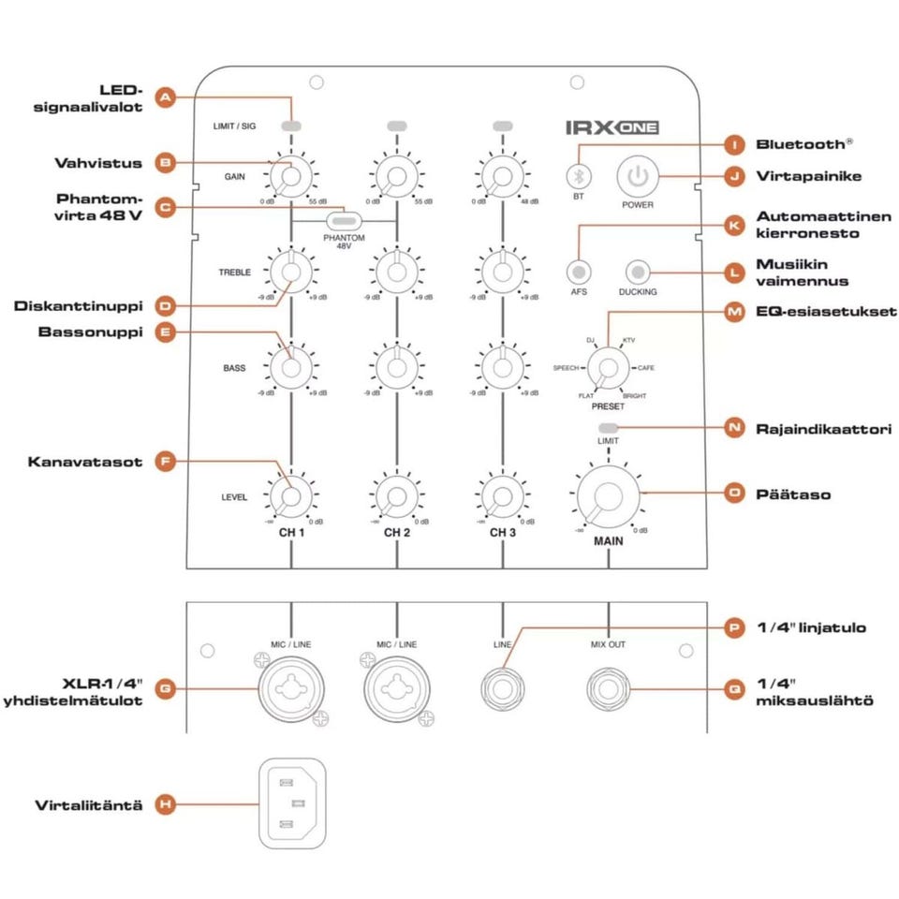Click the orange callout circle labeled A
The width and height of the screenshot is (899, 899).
[165, 97]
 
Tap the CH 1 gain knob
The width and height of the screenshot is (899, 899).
[291, 176]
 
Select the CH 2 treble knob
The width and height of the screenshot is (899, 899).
[397, 272]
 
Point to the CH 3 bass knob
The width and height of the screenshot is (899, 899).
[503, 367]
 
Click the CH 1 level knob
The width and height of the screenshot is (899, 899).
[291, 495]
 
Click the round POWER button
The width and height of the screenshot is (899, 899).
[638, 175]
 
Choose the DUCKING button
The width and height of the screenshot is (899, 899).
[638, 272]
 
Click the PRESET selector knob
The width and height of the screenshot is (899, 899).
[607, 367]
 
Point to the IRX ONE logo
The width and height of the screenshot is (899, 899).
[613, 126]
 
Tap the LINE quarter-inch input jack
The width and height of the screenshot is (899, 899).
[503, 691]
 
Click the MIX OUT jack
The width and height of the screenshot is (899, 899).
[609, 691]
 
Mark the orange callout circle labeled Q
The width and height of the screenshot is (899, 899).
[735, 689]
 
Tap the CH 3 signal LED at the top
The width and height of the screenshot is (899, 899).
[503, 125]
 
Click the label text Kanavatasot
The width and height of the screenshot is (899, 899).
[85, 462]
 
